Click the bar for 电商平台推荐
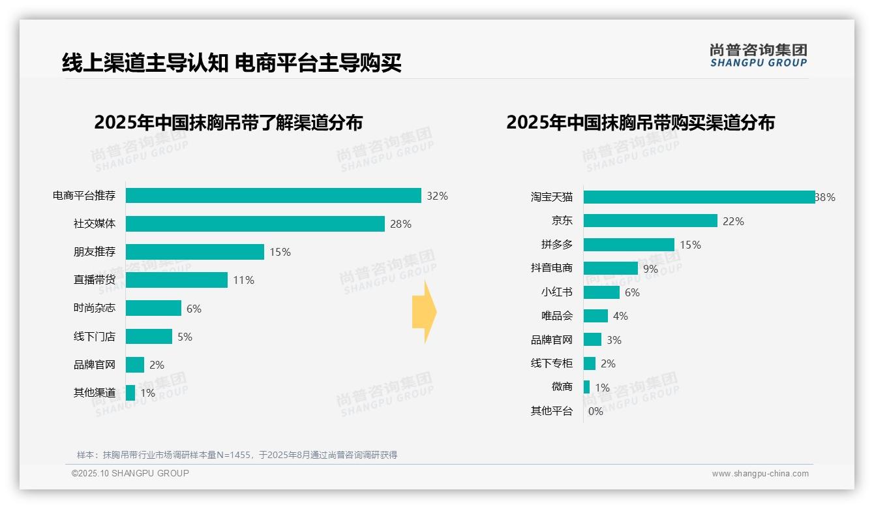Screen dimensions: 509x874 (273, 196)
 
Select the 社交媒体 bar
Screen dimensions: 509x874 (255, 224)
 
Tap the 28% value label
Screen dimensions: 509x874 (400, 224)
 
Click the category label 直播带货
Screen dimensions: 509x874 (94, 280)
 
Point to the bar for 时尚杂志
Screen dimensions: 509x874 (153, 308)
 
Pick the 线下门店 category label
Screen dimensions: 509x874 (94, 336)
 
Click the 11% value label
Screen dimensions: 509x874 (243, 280)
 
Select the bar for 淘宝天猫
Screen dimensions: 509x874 (699, 197)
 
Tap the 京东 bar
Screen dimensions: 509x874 (650, 221)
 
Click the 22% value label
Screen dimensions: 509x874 (733, 221)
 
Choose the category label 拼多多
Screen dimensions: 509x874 (556, 244)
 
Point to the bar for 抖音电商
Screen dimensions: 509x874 (610, 268)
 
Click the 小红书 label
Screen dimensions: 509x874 (556, 292)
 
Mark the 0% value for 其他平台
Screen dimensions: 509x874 (595, 411)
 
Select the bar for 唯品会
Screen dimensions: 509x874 (595, 316)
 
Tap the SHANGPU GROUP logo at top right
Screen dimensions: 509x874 (758, 55)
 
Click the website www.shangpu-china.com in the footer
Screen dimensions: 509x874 (760, 474)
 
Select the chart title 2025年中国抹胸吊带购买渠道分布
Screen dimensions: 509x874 (640, 123)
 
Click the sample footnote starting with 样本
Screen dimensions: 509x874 (237, 455)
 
